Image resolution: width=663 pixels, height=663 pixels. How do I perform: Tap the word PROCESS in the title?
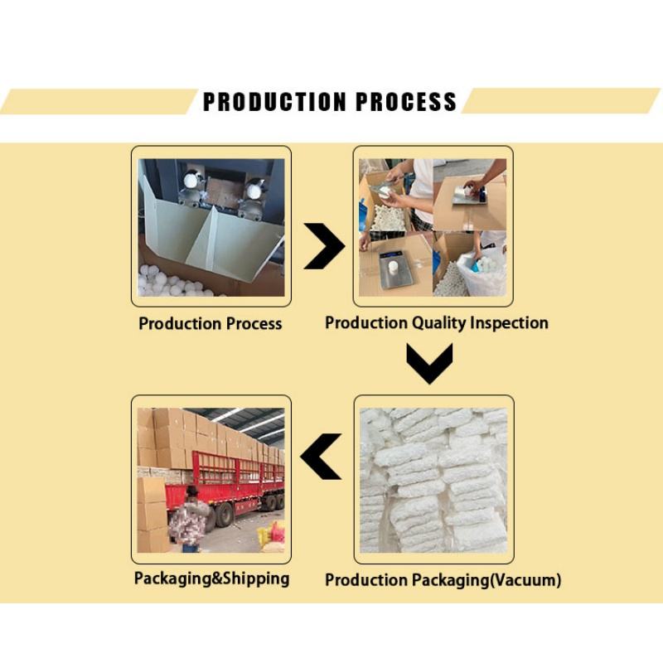pos(406,102)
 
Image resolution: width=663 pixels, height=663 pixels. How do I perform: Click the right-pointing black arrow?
pos(324,246)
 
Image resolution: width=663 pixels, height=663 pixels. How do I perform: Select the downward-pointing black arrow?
pos(430,363)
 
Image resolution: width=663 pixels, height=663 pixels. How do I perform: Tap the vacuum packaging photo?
pos(433,479)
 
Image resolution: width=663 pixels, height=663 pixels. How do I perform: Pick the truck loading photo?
pos(211,479)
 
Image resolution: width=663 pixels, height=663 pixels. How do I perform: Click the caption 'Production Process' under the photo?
pos(211,323)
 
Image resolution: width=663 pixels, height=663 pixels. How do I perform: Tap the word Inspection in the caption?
pos(509,322)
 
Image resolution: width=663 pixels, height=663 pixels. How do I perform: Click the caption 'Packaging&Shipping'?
pos(211,578)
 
